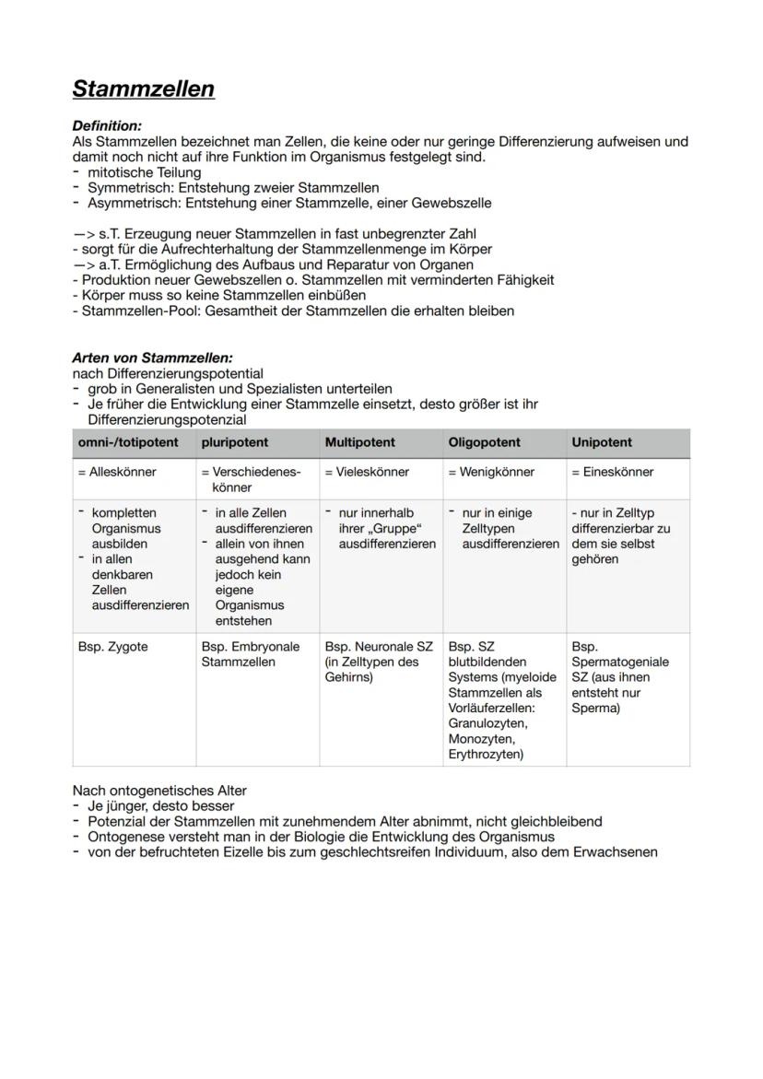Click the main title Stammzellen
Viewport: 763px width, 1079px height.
tap(143, 89)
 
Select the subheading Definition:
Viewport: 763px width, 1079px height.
tap(107, 125)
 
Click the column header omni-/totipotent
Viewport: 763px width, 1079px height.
tap(128, 442)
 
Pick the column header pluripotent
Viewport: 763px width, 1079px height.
tap(235, 442)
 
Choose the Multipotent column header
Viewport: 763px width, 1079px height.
tap(360, 442)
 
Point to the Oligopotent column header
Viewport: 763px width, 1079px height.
tap(484, 442)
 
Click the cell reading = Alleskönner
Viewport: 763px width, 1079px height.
tap(117, 472)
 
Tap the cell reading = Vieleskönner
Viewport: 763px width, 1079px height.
tap(367, 472)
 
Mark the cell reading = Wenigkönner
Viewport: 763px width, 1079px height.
tap(491, 472)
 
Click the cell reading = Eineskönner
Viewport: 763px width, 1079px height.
tap(613, 472)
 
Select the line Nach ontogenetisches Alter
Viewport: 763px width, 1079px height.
tap(159, 791)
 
